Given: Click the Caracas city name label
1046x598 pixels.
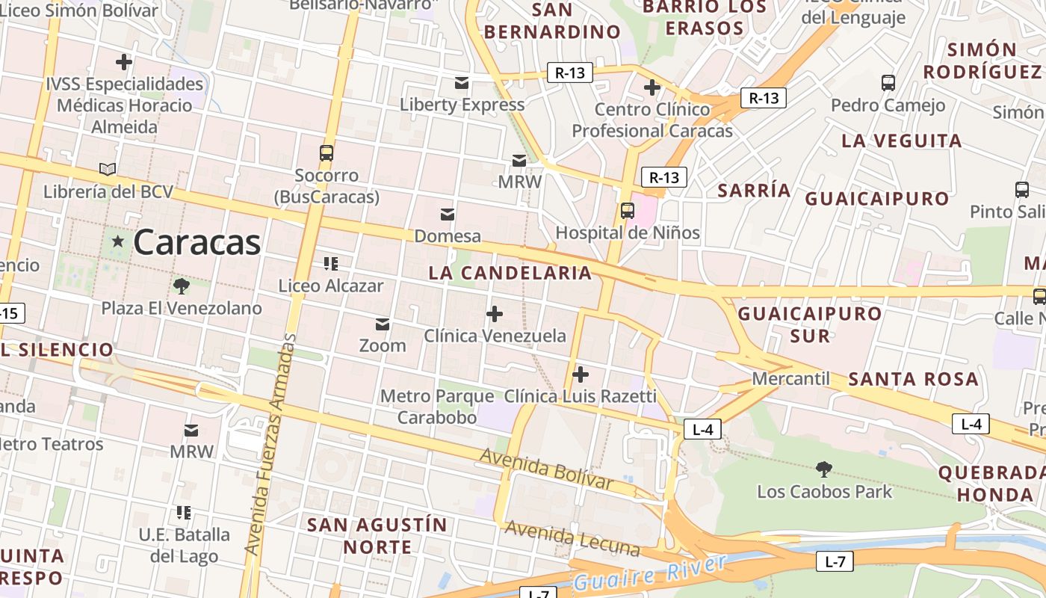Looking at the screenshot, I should click(197, 242).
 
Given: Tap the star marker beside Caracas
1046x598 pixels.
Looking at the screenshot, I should click(117, 241).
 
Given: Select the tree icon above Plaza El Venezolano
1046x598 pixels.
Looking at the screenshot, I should click(181, 286).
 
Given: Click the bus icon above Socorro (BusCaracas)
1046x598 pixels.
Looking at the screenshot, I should click(327, 153).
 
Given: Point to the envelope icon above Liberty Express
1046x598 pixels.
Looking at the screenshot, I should click(462, 82).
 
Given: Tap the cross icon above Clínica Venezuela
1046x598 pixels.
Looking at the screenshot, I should click(495, 314).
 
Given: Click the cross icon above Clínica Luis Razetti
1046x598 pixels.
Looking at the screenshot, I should click(580, 374).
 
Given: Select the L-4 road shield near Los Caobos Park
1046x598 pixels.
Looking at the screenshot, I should click(702, 429).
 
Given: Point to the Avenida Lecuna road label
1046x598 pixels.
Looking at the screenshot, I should click(572, 538).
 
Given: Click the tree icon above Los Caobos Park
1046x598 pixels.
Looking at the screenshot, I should click(824, 469).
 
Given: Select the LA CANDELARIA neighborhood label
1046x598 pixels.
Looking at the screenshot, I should click(510, 273).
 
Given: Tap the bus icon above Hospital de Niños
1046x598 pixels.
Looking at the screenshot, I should click(628, 211).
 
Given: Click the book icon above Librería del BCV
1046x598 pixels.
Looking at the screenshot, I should click(108, 170).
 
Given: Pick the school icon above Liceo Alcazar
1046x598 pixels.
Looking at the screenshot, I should click(331, 263).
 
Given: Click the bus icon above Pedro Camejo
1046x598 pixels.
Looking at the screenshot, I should click(888, 83).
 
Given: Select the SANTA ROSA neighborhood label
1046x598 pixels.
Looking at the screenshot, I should click(913, 379).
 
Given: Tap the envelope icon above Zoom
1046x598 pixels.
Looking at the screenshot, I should click(383, 324).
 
